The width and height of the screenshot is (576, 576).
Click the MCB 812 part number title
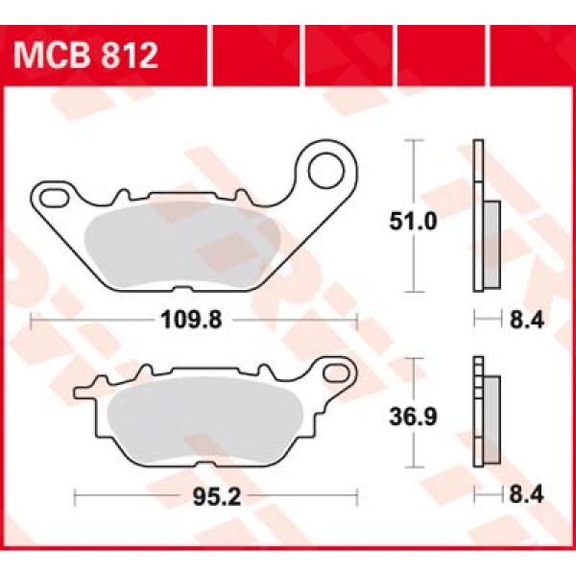click(85, 57)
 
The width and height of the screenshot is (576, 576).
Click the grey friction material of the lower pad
click(211, 422)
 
